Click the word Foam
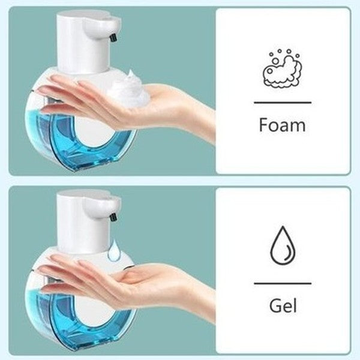point(282,125)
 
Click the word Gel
point(282,306)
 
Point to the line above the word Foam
point(282,103)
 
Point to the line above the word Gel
point(282,283)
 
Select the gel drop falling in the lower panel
point(113,253)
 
